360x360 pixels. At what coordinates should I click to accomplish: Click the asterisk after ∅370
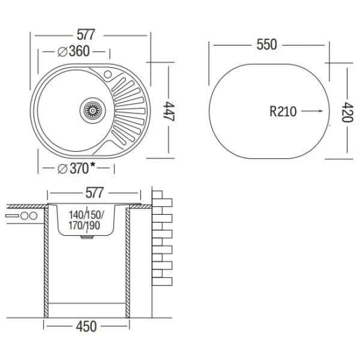point(94,165)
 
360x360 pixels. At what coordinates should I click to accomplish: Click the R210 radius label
point(283,111)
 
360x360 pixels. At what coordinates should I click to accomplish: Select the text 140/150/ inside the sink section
point(86,214)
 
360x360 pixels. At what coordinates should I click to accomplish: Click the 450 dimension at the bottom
point(86,327)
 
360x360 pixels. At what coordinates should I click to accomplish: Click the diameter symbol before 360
point(62,51)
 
